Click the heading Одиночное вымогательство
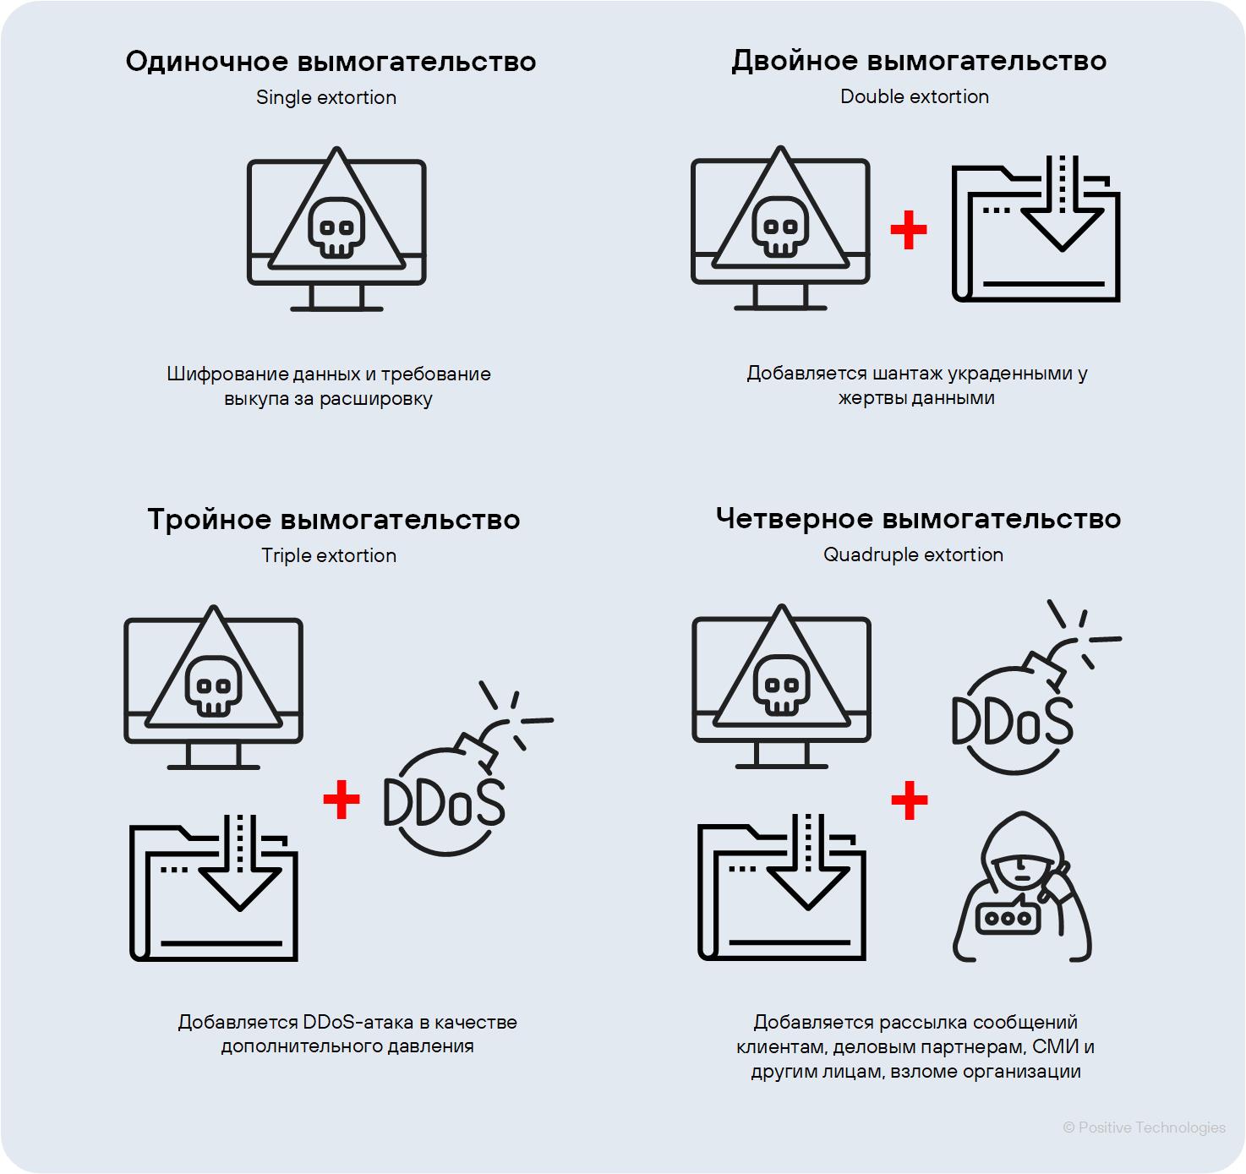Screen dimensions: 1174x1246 (331, 62)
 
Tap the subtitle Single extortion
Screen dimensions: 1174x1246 (326, 97)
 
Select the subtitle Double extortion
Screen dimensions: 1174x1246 (914, 96)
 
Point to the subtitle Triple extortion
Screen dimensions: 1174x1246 (328, 555)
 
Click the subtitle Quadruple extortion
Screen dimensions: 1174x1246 (913, 554)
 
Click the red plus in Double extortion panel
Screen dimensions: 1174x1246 (909, 230)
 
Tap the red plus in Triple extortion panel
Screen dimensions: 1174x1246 (342, 800)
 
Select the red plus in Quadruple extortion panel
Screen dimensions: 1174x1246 (910, 800)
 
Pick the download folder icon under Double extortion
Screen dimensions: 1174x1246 (1036, 230)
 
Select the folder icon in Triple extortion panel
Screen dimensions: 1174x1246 (214, 889)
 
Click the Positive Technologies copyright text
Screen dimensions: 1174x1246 (1144, 1128)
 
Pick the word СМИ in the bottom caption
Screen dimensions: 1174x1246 (1055, 1046)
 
